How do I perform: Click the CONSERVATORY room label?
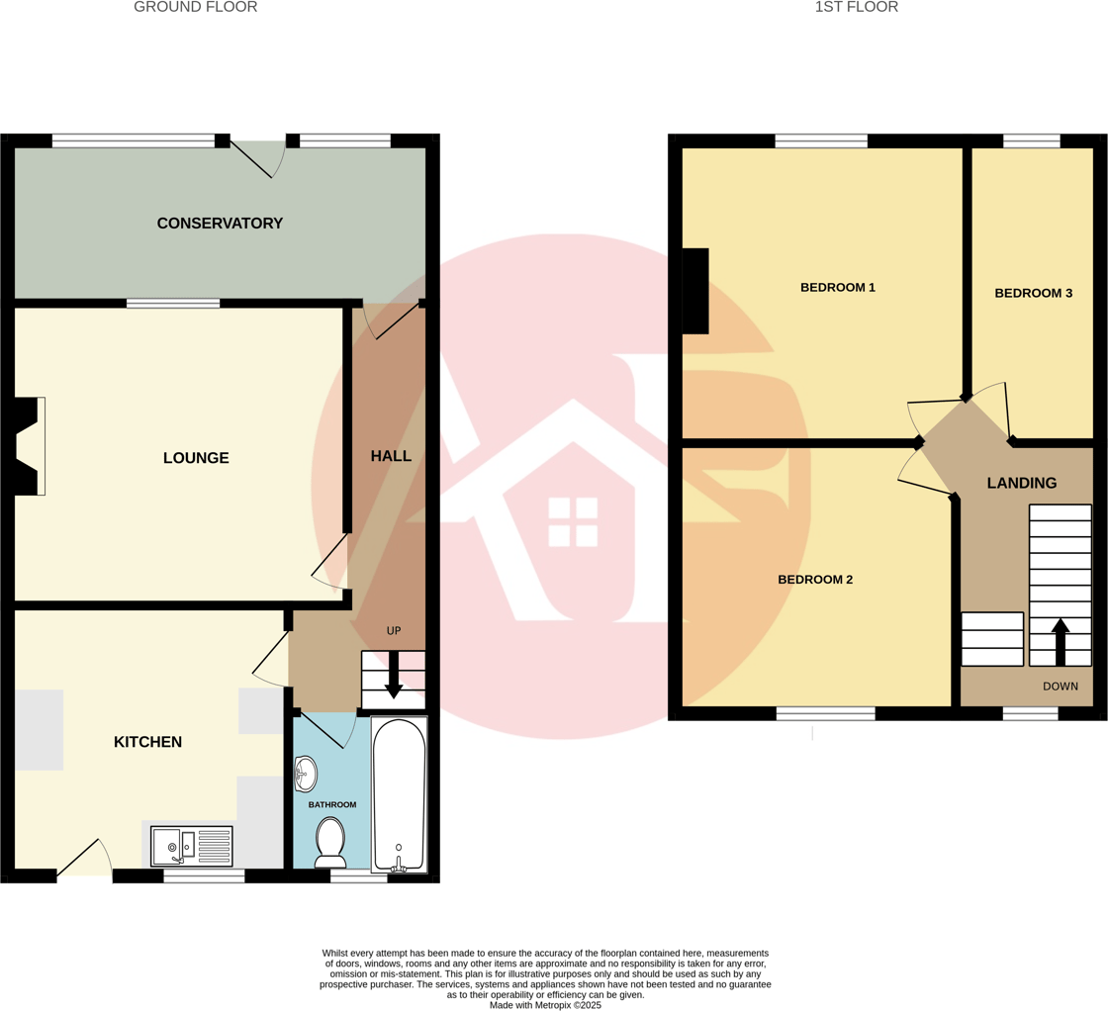pyautogui.click(x=220, y=224)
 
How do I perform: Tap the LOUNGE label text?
pyautogui.click(x=196, y=458)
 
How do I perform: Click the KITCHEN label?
pyautogui.click(x=147, y=742)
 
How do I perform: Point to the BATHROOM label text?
pyautogui.click(x=331, y=805)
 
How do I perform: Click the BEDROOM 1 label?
pyautogui.click(x=837, y=288)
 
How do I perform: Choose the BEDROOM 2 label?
pyautogui.click(x=814, y=580)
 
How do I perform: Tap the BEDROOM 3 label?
pyautogui.click(x=1033, y=293)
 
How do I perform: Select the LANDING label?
pyautogui.click(x=1021, y=483)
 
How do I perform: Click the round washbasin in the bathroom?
pyautogui.click(x=307, y=774)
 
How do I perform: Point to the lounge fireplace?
pyautogui.click(x=29, y=445)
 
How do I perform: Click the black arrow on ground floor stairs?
pyautogui.click(x=394, y=677)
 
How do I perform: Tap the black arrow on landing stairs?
pyautogui.click(x=1060, y=641)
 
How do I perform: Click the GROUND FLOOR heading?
pyautogui.click(x=195, y=8)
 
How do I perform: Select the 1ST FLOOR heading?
pyautogui.click(x=856, y=8)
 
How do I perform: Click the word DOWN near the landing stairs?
pyautogui.click(x=1061, y=686)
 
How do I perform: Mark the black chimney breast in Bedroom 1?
pyautogui.click(x=695, y=291)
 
